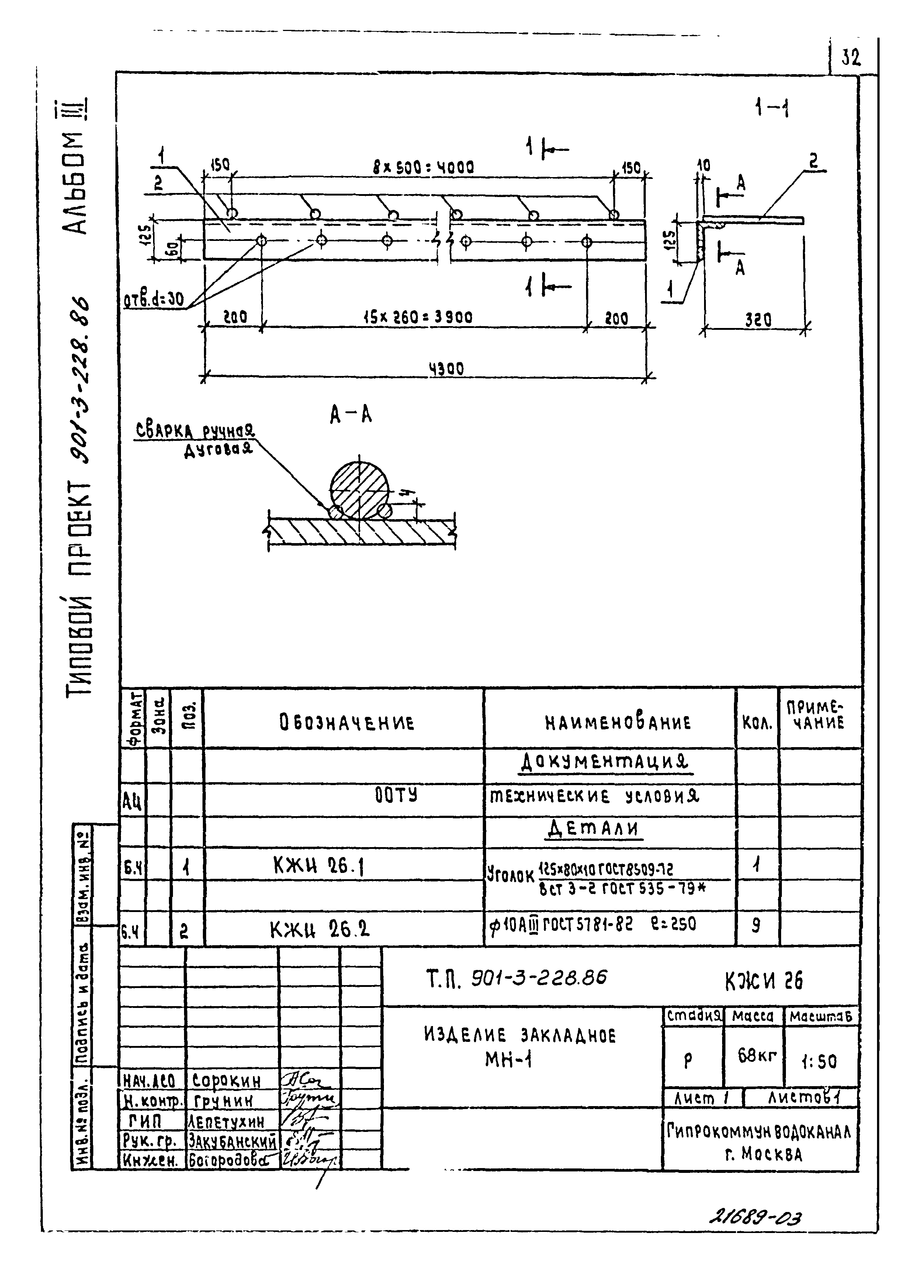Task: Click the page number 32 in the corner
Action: (850, 58)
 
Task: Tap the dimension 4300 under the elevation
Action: (446, 369)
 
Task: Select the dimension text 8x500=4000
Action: (423, 167)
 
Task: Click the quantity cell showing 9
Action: (756, 926)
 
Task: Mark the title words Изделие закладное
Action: (519, 1036)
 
